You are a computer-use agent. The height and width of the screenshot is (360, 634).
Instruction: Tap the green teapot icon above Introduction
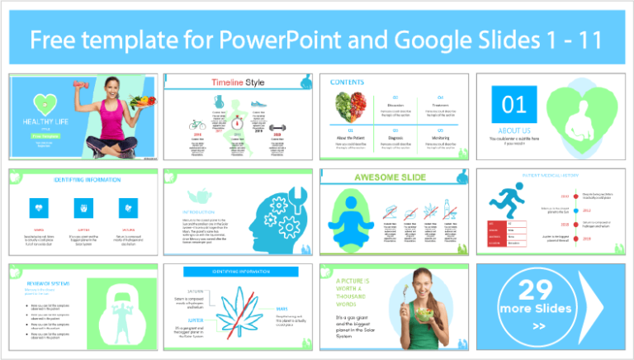(196, 195)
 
